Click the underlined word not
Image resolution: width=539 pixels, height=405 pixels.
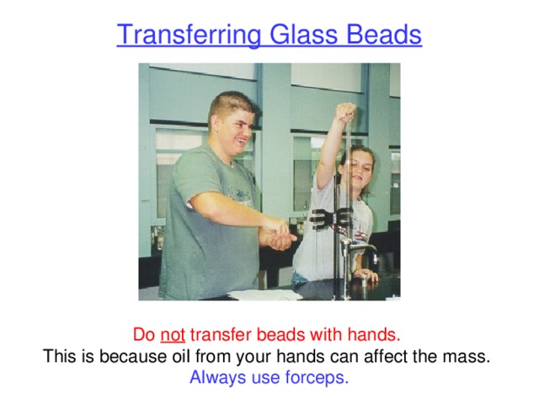(173, 334)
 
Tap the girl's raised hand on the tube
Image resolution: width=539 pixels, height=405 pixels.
(345, 112)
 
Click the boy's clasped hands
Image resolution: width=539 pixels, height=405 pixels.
(277, 234)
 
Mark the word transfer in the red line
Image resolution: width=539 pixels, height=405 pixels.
(219, 334)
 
